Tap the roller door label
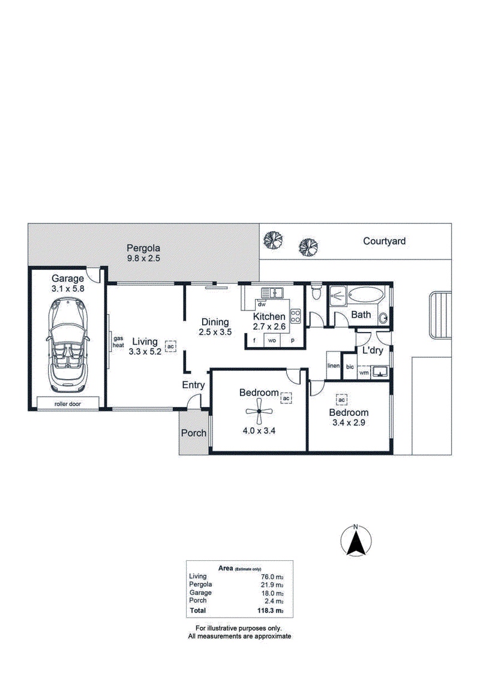(68, 403)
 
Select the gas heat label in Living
(118, 342)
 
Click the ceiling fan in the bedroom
(259, 412)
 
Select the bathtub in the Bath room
(367, 294)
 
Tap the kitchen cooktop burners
(296, 316)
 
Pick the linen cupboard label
(334, 366)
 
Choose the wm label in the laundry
(364, 372)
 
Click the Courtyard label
(384, 241)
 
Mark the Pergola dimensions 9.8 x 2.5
(143, 258)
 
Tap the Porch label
(194, 433)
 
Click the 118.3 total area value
(270, 611)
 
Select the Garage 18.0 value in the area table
(272, 593)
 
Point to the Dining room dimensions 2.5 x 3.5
(215, 332)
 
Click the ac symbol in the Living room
(170, 346)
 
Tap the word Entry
(193, 385)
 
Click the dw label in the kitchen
(262, 304)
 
